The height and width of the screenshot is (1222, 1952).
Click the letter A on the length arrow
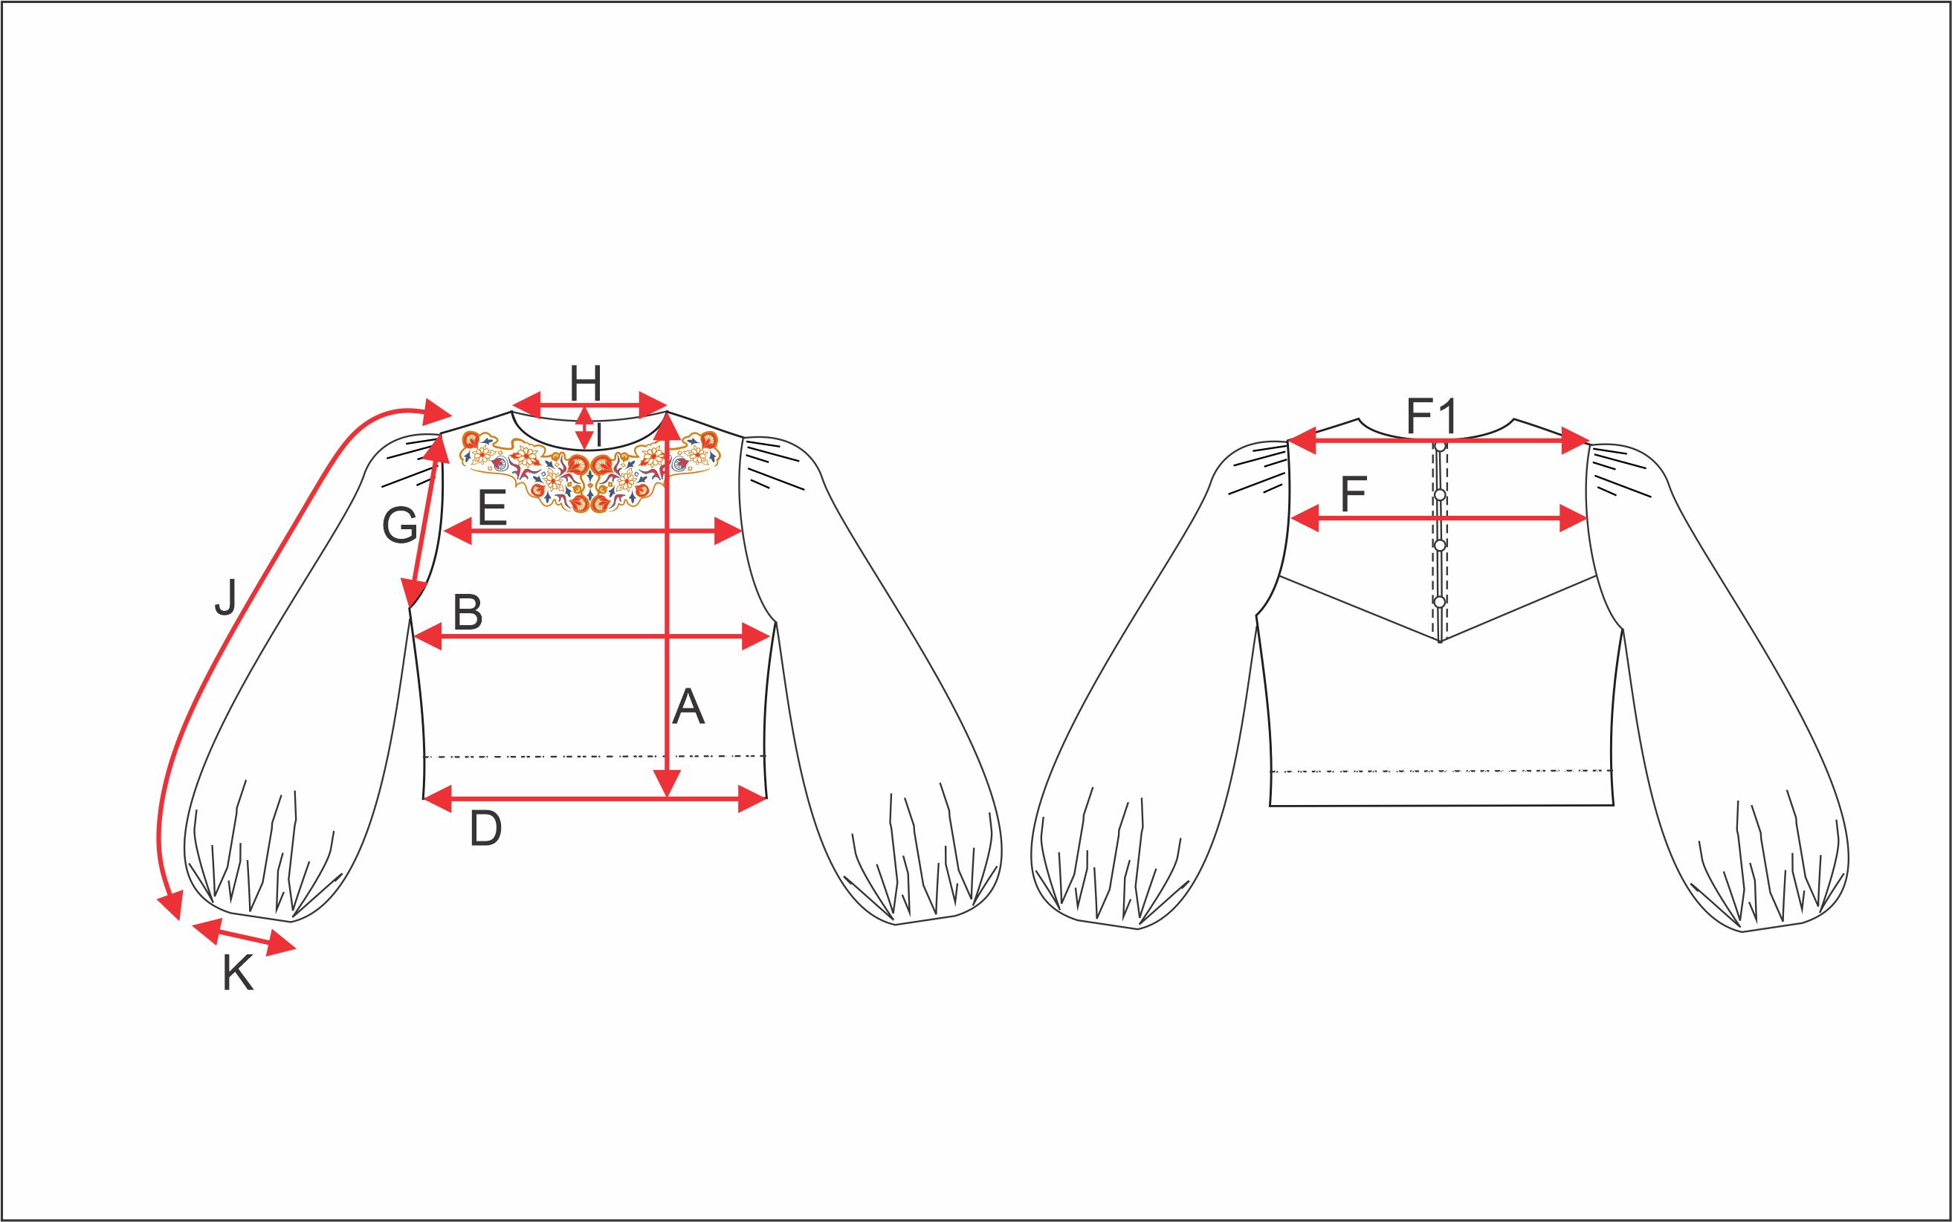click(688, 706)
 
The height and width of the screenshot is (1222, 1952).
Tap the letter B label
click(468, 612)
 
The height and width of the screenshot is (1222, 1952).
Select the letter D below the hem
click(486, 830)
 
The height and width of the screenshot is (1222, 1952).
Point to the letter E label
click(492, 508)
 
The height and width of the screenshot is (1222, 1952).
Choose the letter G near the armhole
click(399, 527)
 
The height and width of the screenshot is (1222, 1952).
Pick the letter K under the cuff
click(238, 974)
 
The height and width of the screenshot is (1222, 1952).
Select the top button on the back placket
click(1441, 445)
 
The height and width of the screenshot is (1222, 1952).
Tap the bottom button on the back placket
click(1440, 601)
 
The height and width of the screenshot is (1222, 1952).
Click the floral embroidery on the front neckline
click(589, 471)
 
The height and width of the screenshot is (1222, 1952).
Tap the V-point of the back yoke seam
click(1441, 641)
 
